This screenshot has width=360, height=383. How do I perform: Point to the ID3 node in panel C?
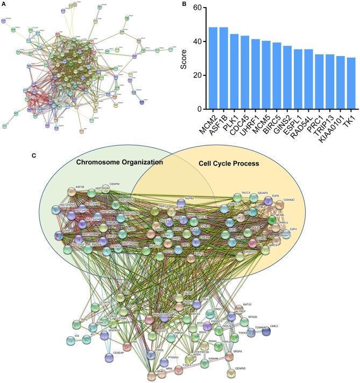pyautogui.click(x=72, y=340)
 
